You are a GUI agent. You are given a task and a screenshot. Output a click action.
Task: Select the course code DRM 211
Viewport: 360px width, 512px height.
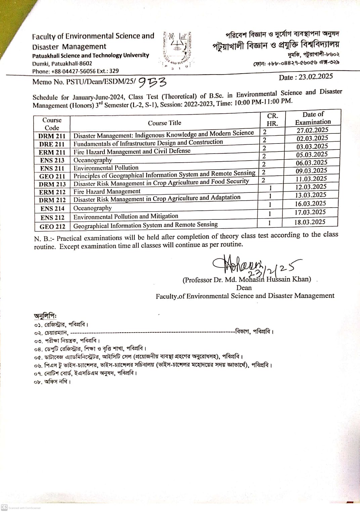click(52, 136)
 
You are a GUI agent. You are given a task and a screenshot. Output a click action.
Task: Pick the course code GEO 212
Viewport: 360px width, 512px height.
click(52, 227)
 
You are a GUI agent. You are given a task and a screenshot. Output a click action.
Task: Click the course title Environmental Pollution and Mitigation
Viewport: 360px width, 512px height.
click(126, 216)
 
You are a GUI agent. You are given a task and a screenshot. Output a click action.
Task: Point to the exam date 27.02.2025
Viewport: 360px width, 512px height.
click(312, 130)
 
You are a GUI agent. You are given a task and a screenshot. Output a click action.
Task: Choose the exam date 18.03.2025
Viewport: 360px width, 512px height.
click(310, 222)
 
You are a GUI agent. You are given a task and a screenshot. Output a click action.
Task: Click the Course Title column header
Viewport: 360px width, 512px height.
click(164, 123)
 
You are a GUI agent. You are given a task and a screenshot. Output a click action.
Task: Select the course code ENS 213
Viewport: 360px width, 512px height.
click(52, 160)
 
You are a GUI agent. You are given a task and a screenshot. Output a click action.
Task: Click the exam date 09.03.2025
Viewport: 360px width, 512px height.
click(311, 171)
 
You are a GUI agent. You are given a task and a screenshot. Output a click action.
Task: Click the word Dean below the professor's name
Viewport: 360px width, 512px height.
click(244, 288)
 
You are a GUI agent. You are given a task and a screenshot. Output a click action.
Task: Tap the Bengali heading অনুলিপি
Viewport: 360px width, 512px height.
click(45, 316)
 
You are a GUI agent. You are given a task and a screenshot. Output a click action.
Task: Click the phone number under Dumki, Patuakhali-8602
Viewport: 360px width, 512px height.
click(75, 71)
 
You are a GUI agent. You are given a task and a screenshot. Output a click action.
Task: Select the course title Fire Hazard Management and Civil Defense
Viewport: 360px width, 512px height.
click(132, 152)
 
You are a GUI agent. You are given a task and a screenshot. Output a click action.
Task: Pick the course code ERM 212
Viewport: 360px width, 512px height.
click(52, 192)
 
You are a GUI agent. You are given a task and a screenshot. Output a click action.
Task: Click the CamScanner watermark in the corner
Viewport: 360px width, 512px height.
click(21, 508)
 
